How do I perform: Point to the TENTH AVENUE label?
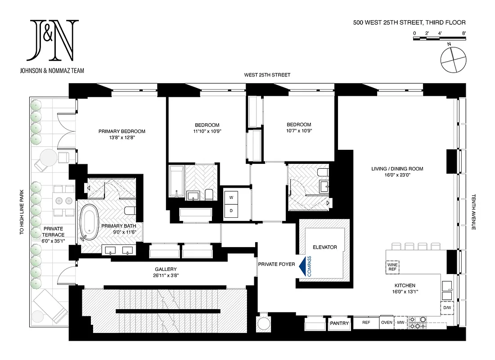(473, 212)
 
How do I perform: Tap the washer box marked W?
(232, 197)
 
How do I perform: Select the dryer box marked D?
(232, 211)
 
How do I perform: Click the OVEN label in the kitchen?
(387, 322)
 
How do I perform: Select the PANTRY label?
(339, 323)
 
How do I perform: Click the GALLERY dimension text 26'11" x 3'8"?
(166, 275)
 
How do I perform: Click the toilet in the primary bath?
(129, 211)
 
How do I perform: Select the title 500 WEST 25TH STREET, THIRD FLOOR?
(409, 22)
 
